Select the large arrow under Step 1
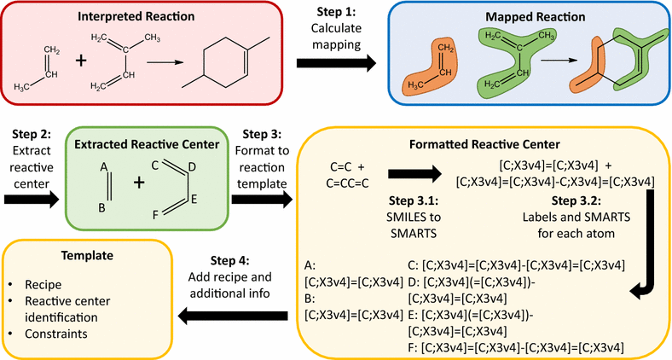point(336,63)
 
